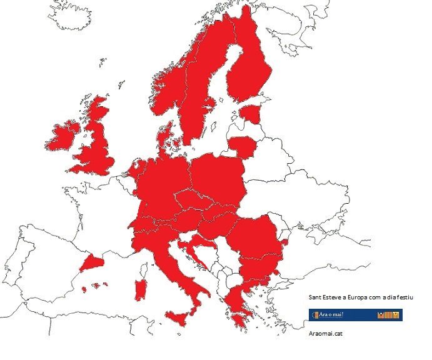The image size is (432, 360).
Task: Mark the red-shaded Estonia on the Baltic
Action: pos(251,114)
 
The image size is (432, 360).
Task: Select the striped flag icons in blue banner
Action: pos(388,315)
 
